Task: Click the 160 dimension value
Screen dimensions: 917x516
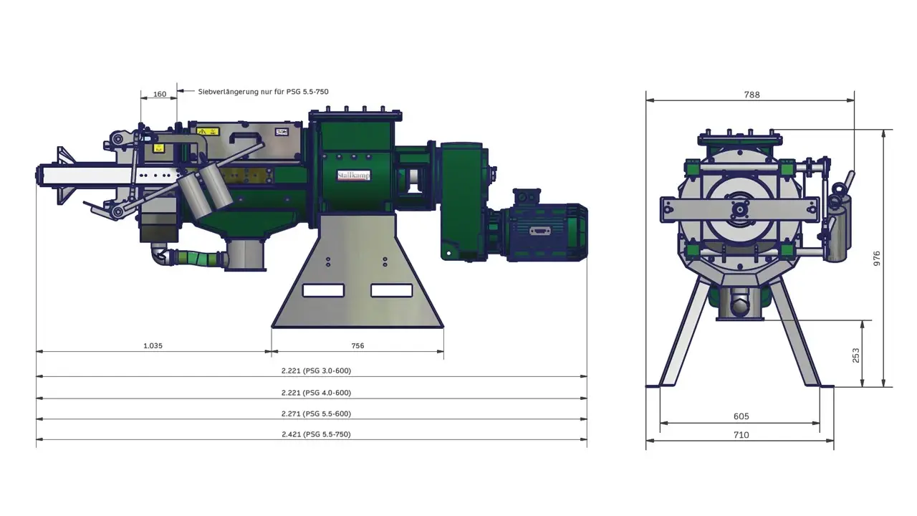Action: (x=160, y=94)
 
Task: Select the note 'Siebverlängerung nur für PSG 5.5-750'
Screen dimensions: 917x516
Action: (x=263, y=92)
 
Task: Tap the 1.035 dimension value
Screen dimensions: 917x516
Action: (x=153, y=345)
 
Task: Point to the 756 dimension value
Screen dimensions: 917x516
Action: (x=357, y=345)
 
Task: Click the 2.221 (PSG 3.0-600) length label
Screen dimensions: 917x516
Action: (x=316, y=371)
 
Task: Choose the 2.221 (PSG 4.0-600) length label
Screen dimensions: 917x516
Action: (x=316, y=393)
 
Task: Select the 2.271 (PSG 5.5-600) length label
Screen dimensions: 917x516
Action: (x=316, y=414)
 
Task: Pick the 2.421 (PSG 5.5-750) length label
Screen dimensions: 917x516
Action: (x=316, y=434)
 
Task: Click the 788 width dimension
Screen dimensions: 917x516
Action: (x=752, y=95)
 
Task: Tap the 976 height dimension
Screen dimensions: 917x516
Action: (x=876, y=259)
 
